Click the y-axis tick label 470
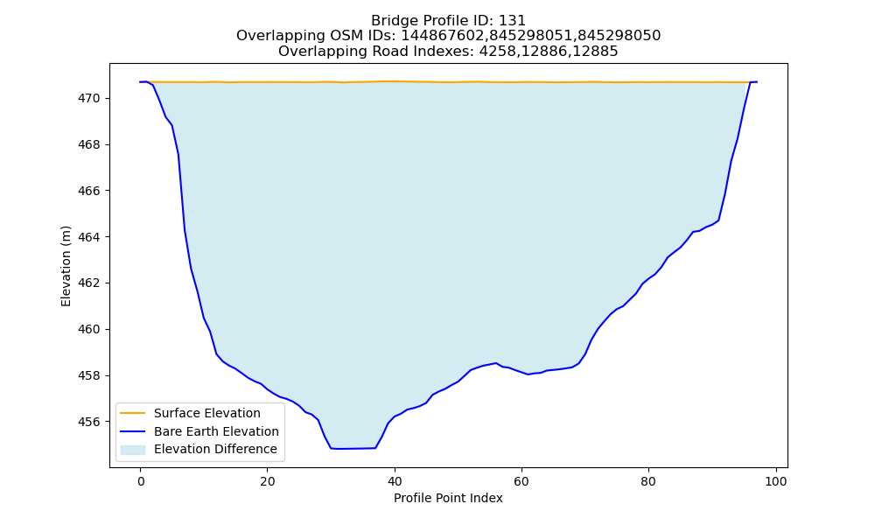pos(89,98)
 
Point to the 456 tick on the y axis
pos(89,422)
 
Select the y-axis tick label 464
pos(89,237)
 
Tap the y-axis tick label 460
pos(89,329)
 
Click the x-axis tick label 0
pos(141,481)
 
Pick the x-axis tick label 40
pos(395,481)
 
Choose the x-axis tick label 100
pos(775,481)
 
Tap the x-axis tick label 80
pos(648,481)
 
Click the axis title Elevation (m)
pos(66,266)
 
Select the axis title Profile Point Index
pos(448,498)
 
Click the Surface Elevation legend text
pos(207,413)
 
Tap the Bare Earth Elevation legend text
pos(216,431)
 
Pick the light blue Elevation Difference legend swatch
pos(133,449)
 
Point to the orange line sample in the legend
pos(133,413)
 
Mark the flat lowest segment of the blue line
pos(353,449)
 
